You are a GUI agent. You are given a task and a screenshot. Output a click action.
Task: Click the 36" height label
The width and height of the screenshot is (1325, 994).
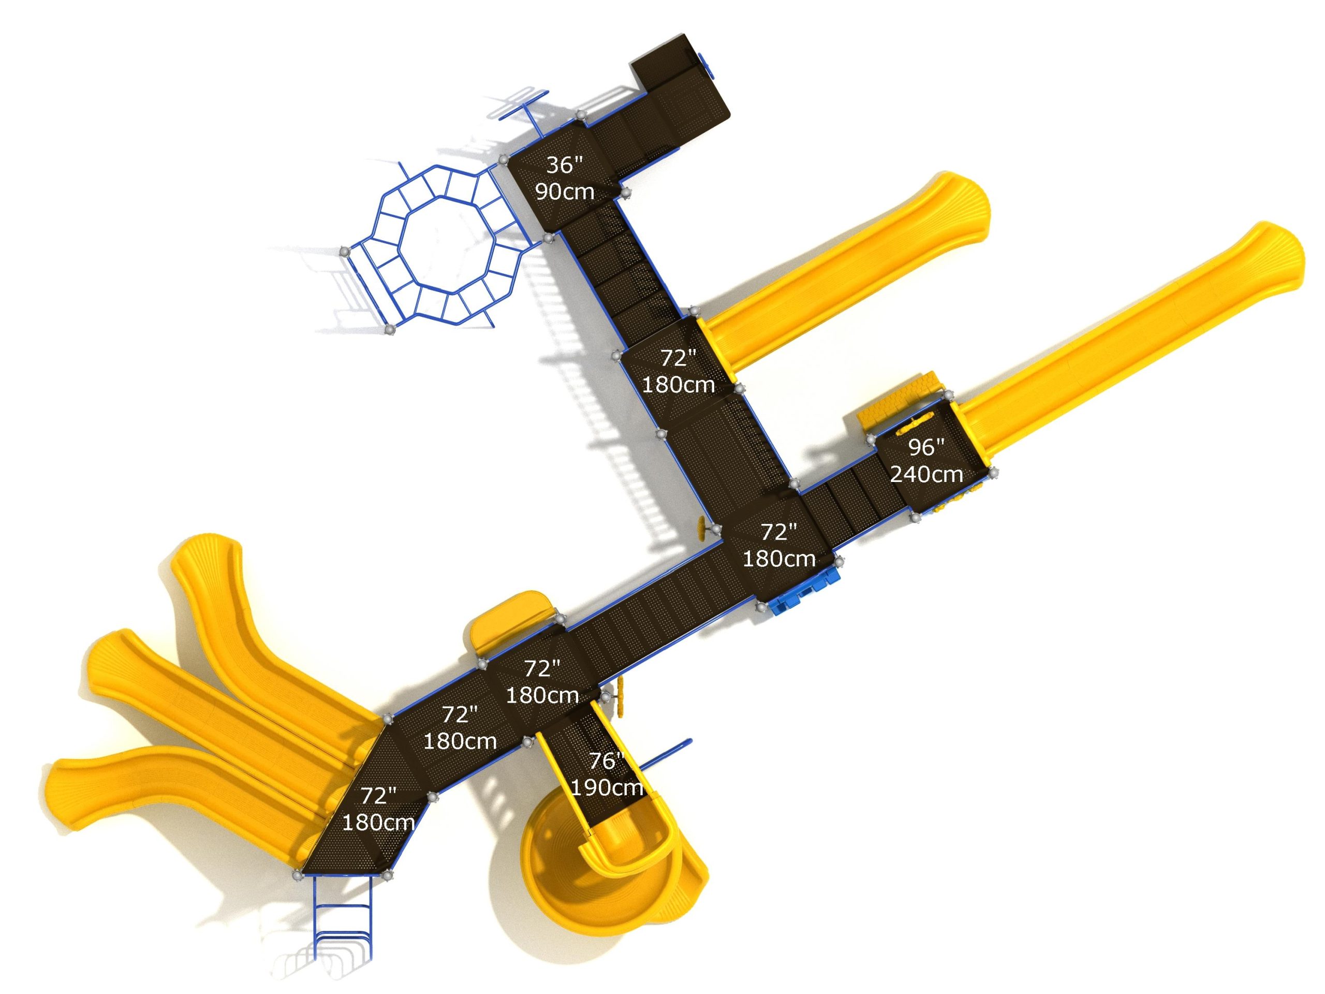coord(564,165)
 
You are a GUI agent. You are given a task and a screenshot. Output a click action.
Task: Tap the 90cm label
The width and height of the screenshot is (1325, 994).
coord(565,192)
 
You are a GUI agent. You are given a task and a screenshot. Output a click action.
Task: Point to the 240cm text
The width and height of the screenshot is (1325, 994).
coord(926,475)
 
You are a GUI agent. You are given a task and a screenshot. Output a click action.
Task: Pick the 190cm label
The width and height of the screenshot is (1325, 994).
coord(607,787)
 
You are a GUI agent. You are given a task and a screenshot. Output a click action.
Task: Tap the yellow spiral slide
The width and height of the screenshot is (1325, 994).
coord(611,863)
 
